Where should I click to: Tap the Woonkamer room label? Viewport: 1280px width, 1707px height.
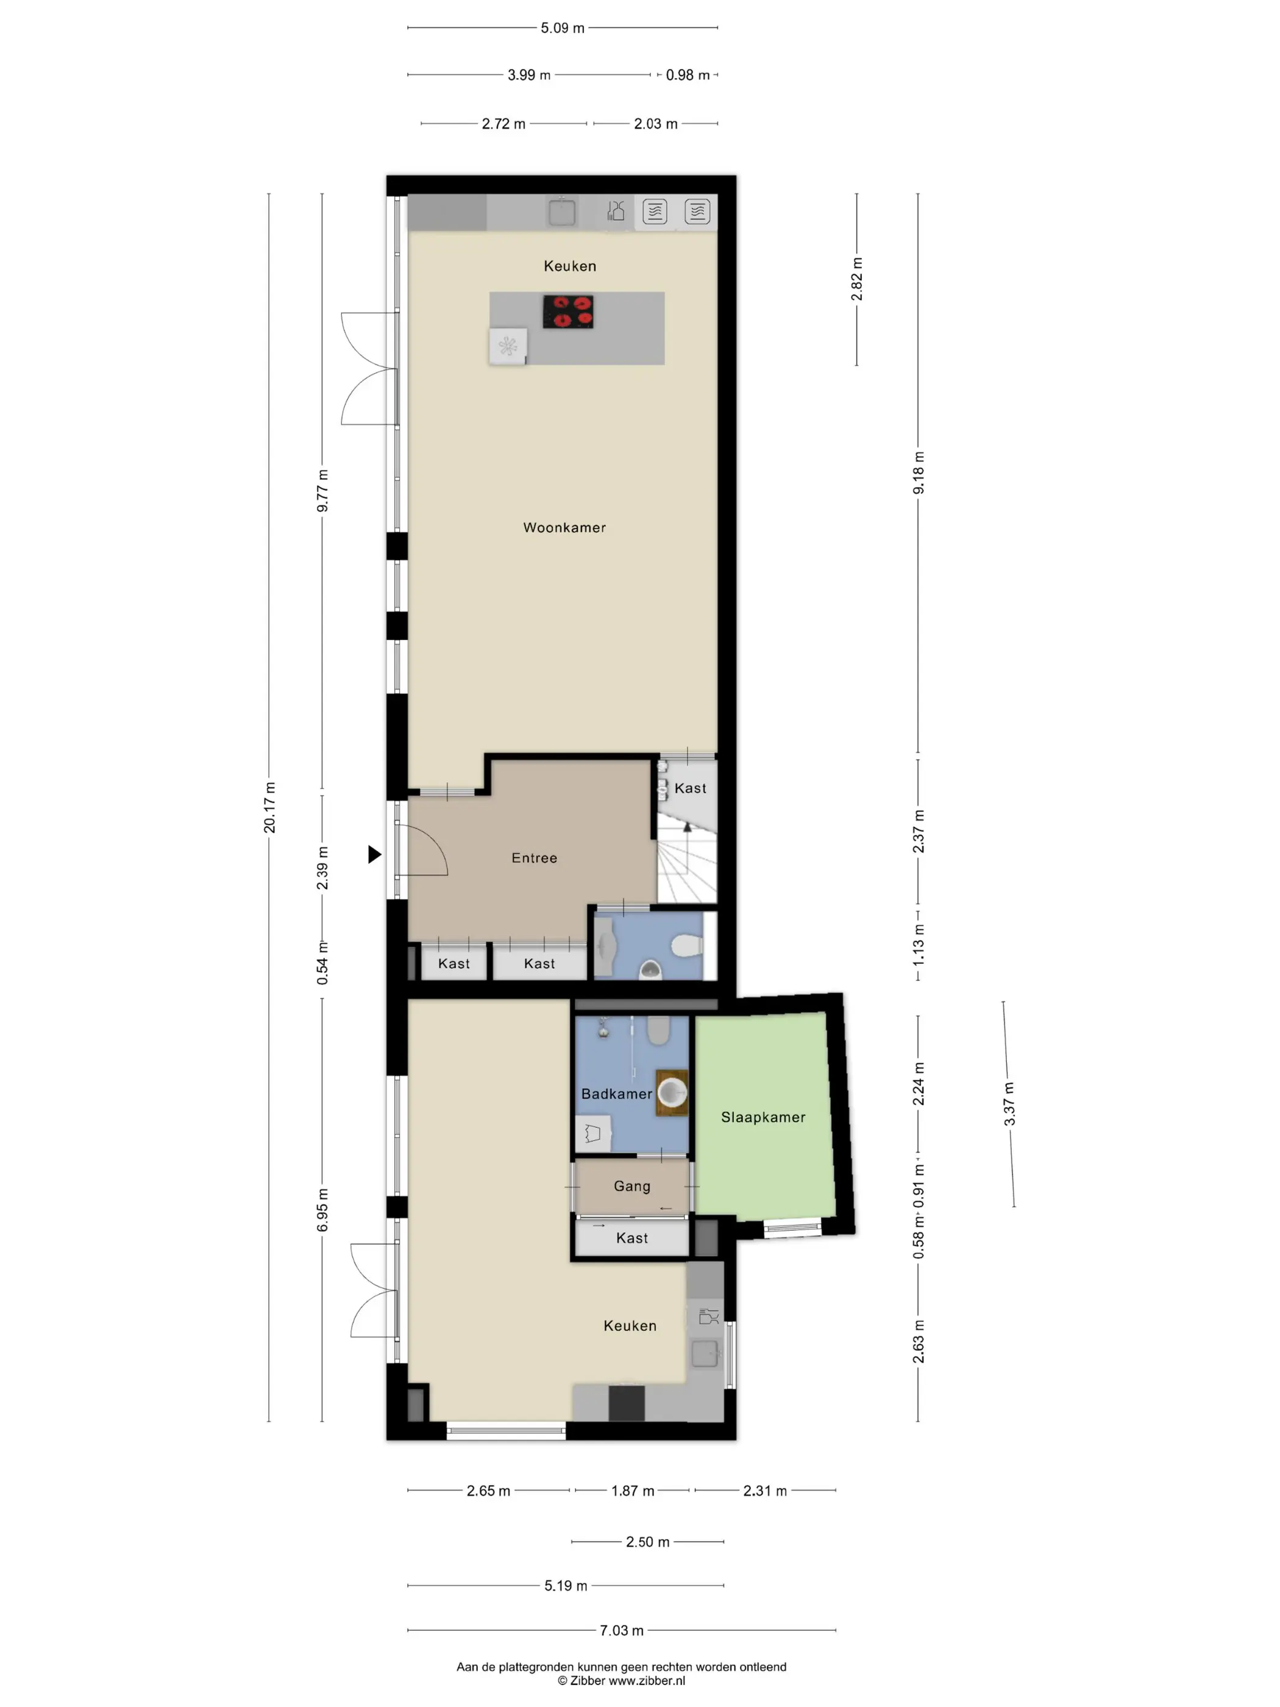(x=564, y=528)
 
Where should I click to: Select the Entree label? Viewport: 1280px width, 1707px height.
(x=534, y=858)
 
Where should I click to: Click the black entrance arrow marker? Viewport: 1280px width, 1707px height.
(x=374, y=854)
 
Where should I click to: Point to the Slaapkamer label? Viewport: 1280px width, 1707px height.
(x=763, y=1117)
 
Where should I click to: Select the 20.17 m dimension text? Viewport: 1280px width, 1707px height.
(x=269, y=807)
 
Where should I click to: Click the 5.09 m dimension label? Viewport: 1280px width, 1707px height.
(x=563, y=28)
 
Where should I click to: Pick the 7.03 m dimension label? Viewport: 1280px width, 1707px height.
(x=621, y=1631)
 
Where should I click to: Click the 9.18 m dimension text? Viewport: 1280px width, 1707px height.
(x=918, y=473)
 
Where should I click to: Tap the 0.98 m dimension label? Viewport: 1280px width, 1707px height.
(x=688, y=75)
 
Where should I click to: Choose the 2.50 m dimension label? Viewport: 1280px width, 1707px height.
(x=647, y=1542)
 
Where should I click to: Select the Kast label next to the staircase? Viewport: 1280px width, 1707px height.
(x=690, y=788)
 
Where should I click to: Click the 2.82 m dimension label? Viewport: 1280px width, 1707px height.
(x=856, y=279)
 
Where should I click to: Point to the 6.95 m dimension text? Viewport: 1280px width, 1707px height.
(x=322, y=1210)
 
